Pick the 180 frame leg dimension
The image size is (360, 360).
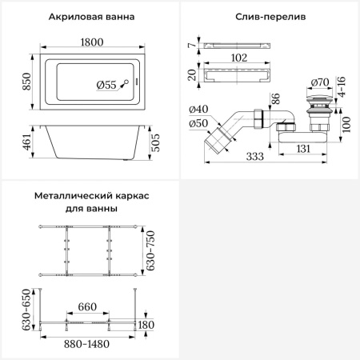(x=146, y=324)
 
